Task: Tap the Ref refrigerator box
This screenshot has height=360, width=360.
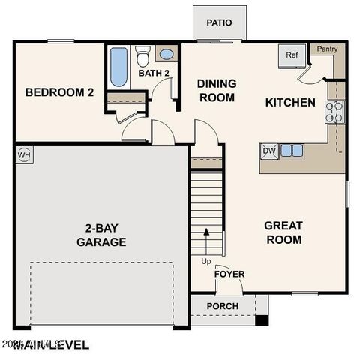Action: coord(290,56)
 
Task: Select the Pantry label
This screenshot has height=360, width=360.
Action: coord(328,49)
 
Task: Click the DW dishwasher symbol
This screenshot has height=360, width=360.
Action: coord(269,151)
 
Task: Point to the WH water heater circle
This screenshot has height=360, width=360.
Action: coord(22,154)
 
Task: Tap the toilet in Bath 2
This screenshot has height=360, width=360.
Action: coord(143,55)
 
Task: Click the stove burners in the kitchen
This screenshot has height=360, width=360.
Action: coord(334,112)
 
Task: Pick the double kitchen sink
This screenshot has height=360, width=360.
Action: coord(292,151)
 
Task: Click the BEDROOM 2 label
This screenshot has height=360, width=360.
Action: coord(59,92)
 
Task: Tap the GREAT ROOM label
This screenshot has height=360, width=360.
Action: coord(283,232)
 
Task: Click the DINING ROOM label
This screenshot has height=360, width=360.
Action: coord(216,90)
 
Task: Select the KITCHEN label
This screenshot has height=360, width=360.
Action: coord(290,102)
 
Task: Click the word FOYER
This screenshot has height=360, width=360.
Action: coord(229,274)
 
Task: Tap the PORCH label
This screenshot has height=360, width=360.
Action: coord(223,306)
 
